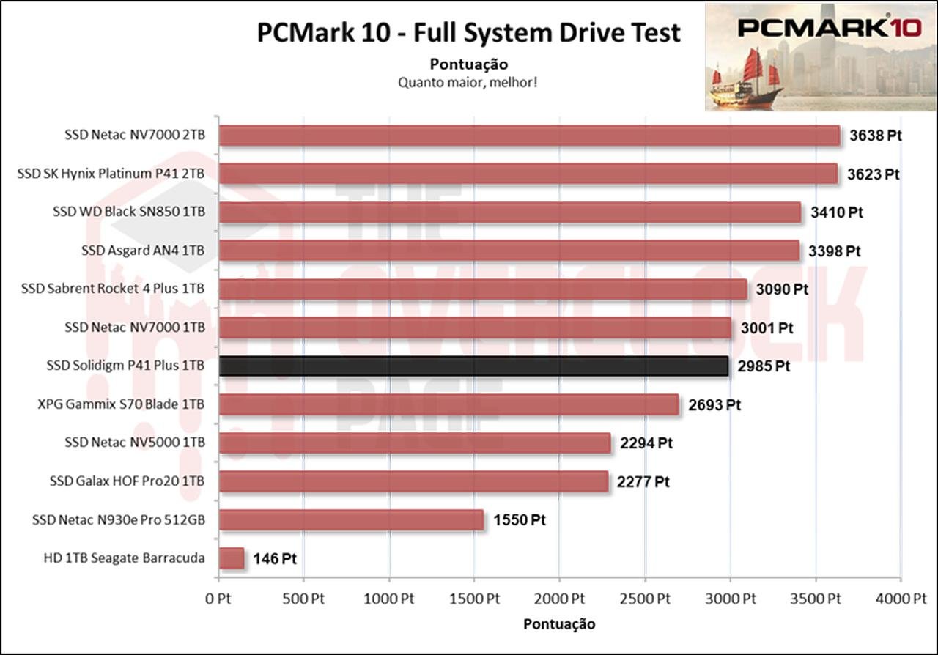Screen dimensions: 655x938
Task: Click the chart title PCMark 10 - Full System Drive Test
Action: [x=469, y=33]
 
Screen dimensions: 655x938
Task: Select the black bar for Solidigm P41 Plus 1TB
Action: [x=473, y=366]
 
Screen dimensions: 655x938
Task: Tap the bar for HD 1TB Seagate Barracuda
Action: [x=232, y=558]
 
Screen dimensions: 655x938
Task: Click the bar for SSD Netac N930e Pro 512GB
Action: [x=351, y=520]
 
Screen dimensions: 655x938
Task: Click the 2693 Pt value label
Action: [x=714, y=404]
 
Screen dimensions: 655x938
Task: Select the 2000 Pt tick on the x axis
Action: [x=559, y=599]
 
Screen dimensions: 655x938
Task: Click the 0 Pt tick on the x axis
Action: [x=218, y=599]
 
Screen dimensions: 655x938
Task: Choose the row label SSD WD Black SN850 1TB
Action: [x=129, y=212]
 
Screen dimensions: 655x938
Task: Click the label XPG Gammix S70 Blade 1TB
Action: [x=121, y=404]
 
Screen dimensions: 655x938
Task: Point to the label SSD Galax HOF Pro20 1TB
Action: [x=128, y=481]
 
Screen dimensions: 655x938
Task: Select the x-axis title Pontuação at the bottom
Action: [x=559, y=624]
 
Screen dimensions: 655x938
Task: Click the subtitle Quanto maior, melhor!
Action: [x=469, y=82]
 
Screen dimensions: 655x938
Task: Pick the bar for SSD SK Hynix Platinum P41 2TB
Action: [x=528, y=174]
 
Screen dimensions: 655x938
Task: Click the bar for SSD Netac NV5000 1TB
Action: [x=415, y=443]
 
